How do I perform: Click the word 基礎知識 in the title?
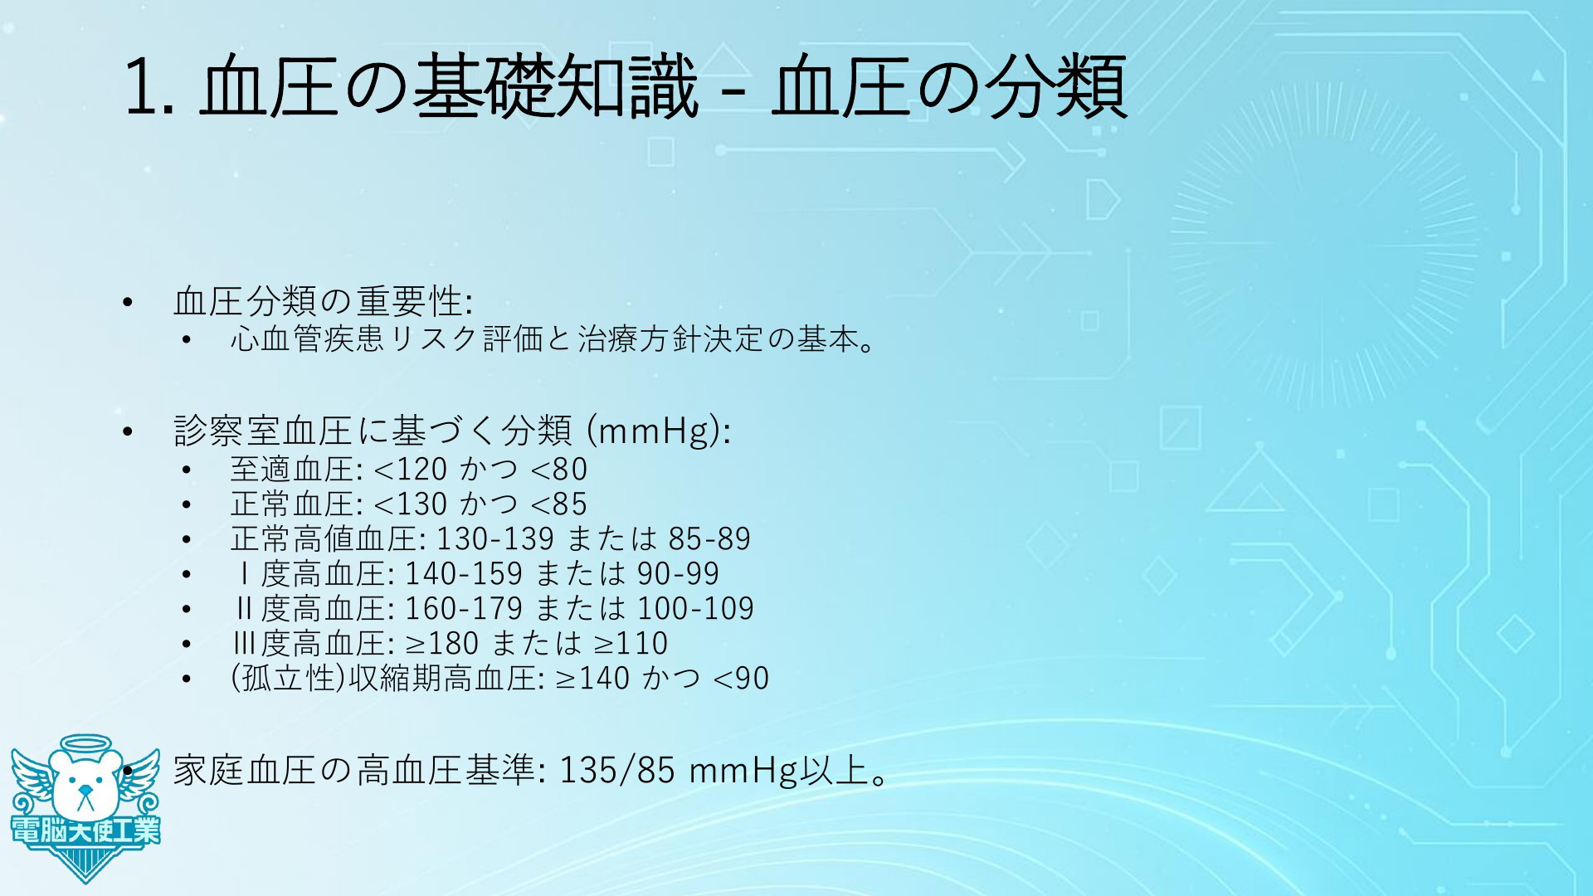(555, 86)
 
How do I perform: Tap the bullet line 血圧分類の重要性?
(323, 301)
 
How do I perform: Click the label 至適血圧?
(293, 470)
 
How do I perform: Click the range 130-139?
(494, 539)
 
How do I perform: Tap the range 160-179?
(463, 609)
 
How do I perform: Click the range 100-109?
(695, 609)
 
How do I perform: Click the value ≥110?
(630, 644)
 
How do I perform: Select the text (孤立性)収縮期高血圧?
(387, 679)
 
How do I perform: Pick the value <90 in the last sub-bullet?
(741, 679)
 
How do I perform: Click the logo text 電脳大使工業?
(85, 831)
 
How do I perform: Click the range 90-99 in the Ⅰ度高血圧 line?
(678, 574)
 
